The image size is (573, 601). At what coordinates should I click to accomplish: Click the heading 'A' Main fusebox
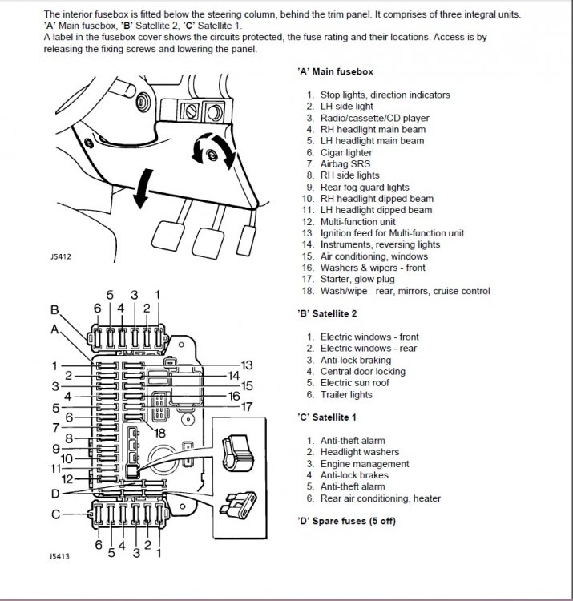pyautogui.click(x=335, y=71)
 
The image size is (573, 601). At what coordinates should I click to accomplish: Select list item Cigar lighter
pyautogui.click(x=346, y=152)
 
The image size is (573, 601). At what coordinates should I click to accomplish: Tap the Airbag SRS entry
pyautogui.click(x=345, y=164)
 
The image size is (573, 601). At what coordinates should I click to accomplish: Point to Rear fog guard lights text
pyautogui.click(x=365, y=187)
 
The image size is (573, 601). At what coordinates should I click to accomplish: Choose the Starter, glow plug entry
pyautogui.click(x=357, y=279)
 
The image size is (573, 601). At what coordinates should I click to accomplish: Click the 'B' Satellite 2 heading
pyautogui.click(x=327, y=313)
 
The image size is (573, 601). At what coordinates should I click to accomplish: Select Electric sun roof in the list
pyautogui.click(x=354, y=383)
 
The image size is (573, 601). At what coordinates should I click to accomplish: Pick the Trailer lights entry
pyautogui.click(x=346, y=394)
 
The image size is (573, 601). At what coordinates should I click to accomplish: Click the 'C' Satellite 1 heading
pyautogui.click(x=326, y=417)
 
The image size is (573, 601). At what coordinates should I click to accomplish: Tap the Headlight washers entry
pyautogui.click(x=360, y=452)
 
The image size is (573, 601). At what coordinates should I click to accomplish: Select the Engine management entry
pyautogui.click(x=365, y=464)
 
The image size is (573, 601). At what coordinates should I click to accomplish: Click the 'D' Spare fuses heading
pyautogui.click(x=346, y=522)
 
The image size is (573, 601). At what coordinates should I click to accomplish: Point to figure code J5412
pyautogui.click(x=61, y=256)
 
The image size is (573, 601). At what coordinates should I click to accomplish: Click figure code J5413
pyautogui.click(x=59, y=556)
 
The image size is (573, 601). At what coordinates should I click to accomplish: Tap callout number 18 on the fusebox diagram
pyautogui.click(x=159, y=433)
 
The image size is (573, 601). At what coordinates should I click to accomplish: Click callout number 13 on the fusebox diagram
pyautogui.click(x=247, y=365)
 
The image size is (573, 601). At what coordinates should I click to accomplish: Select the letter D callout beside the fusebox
pyautogui.click(x=55, y=494)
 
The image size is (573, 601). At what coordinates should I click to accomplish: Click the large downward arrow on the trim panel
pyautogui.click(x=143, y=188)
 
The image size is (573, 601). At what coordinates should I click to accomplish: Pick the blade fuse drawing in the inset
pyautogui.click(x=238, y=505)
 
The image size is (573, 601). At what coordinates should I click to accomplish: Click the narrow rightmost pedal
pyautogui.click(x=247, y=240)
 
